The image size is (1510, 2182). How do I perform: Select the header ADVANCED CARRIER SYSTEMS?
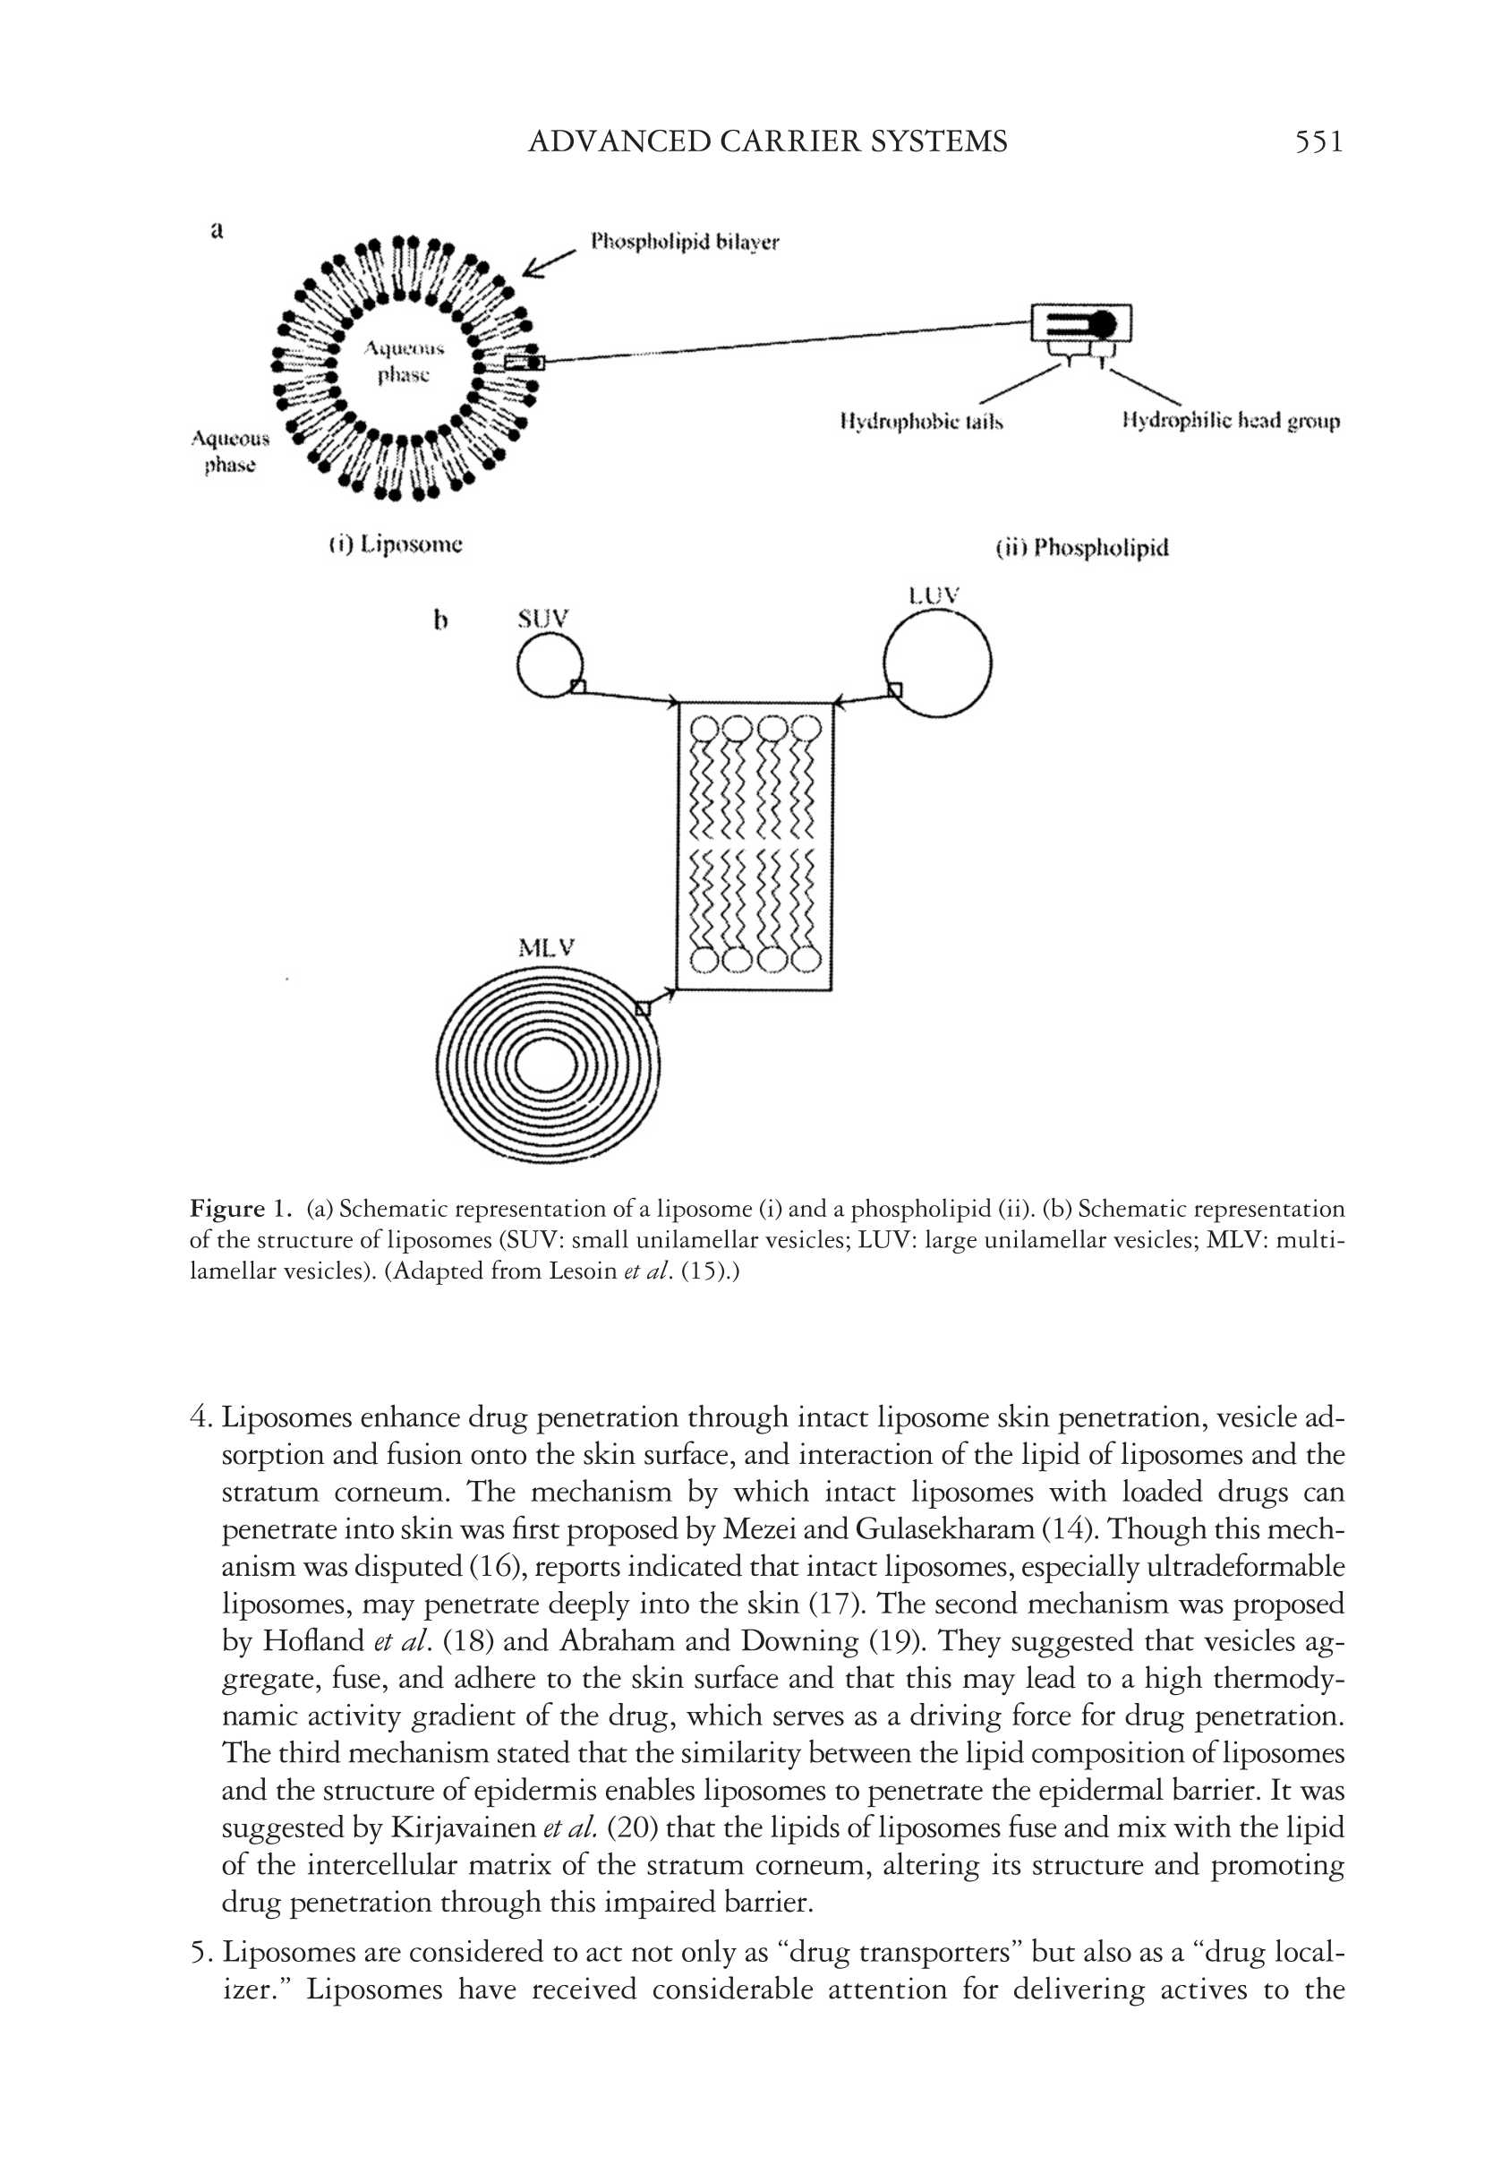pyautogui.click(x=767, y=142)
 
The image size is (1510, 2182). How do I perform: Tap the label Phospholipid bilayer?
pyautogui.click(x=684, y=243)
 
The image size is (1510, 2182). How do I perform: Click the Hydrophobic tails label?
pyautogui.click(x=920, y=421)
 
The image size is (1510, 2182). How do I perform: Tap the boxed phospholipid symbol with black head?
pyautogui.click(x=1080, y=323)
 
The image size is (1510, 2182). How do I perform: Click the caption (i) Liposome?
pyautogui.click(x=396, y=545)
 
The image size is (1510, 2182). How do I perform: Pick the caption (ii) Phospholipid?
pyautogui.click(x=1082, y=548)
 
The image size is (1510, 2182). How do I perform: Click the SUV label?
pyautogui.click(x=543, y=619)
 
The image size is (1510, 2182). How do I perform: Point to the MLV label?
pyautogui.click(x=546, y=947)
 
